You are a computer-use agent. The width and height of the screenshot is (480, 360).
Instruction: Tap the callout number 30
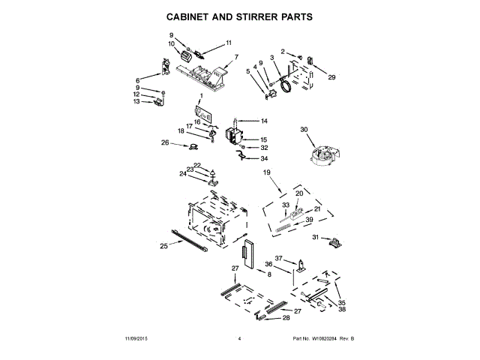[304, 130]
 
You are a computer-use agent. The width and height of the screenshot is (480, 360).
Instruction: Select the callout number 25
[163, 245]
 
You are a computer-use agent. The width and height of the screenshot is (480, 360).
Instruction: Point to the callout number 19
[265, 173]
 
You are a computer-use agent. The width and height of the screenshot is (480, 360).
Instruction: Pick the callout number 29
[332, 76]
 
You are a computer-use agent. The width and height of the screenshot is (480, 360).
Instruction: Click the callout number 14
[263, 121]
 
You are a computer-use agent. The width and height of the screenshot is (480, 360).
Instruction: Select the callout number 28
[286, 318]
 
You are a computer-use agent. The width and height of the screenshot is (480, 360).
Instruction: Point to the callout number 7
[236, 57]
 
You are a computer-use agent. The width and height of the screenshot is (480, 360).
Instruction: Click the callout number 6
[138, 80]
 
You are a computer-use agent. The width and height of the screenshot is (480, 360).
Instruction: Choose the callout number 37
[278, 258]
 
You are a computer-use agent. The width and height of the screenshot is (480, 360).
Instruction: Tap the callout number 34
[263, 158]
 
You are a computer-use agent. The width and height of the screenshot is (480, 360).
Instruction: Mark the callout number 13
[137, 101]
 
